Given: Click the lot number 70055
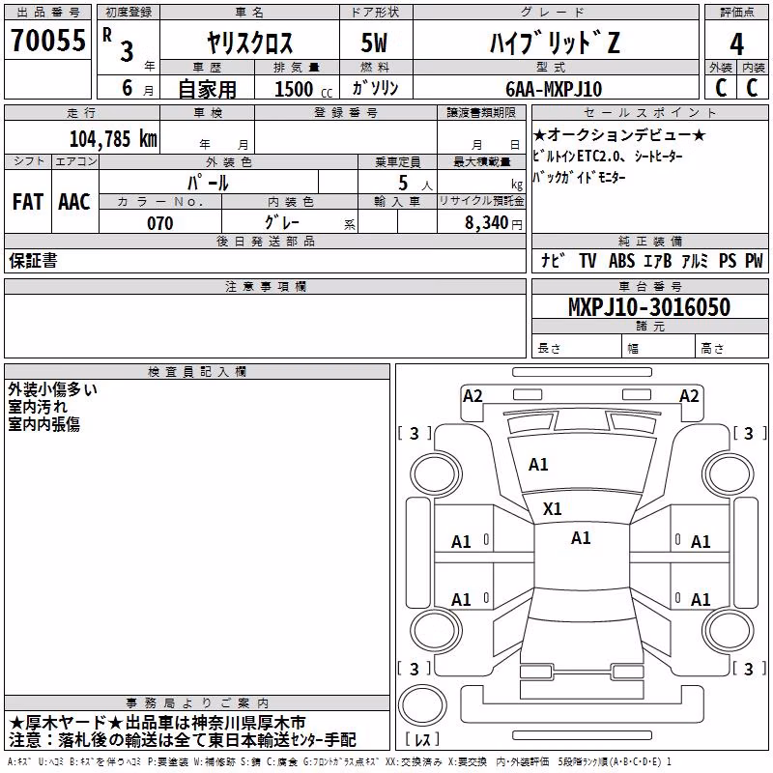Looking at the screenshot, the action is pyautogui.click(x=48, y=40).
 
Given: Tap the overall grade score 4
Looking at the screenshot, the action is pyautogui.click(x=736, y=44).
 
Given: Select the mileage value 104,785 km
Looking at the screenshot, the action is pyautogui.click(x=113, y=139).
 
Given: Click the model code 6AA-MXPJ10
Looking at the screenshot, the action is pyautogui.click(x=554, y=89).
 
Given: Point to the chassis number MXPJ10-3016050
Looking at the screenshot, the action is pyautogui.click(x=649, y=307).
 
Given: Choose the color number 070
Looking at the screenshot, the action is pyautogui.click(x=160, y=223).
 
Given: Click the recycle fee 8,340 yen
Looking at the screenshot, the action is pyautogui.click(x=494, y=223).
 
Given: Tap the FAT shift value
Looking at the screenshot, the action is pyautogui.click(x=28, y=202).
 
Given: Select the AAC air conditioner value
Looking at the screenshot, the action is pyautogui.click(x=74, y=202).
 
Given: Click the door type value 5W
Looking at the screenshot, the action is pyautogui.click(x=374, y=43).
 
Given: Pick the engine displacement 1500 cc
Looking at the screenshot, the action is pyautogui.click(x=303, y=89).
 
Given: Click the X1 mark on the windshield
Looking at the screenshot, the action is pyautogui.click(x=552, y=509).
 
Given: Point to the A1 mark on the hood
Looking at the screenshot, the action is pyautogui.click(x=538, y=465).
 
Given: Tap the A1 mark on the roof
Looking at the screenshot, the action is pyautogui.click(x=581, y=538).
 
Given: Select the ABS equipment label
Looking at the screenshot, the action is pyautogui.click(x=621, y=261).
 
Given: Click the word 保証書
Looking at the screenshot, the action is pyautogui.click(x=33, y=261).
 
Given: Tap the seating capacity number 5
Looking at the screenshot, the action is pyautogui.click(x=403, y=183).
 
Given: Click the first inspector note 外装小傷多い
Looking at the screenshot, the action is pyautogui.click(x=53, y=389).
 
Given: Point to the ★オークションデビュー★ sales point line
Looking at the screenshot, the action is pyautogui.click(x=619, y=134).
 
